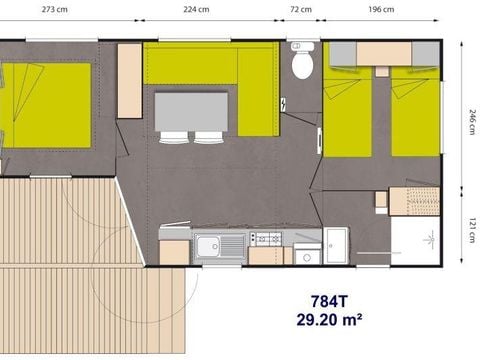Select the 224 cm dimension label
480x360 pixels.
point(196,10)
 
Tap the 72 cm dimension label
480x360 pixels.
point(300,10)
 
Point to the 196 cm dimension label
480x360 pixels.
point(383,10)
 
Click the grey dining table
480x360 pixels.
point(191,110)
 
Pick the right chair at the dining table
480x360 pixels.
point(208,137)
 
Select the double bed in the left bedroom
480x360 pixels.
point(46,104)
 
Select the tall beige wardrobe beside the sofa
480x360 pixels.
point(130,80)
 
